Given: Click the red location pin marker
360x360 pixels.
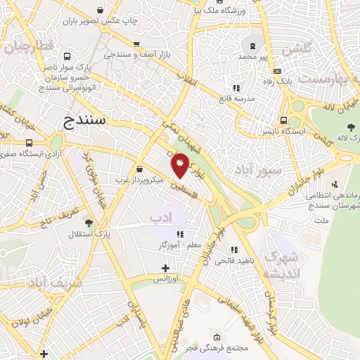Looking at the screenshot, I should tap(181, 165).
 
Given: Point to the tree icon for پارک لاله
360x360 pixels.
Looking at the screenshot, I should tap(349, 127).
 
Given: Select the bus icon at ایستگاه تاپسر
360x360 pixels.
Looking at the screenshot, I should tap(283, 121).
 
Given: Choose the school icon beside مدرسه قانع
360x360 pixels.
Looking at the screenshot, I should tap(237, 89).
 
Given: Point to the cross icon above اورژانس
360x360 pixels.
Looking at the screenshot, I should tap(165, 267).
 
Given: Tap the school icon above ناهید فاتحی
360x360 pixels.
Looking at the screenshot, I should tap(234, 249).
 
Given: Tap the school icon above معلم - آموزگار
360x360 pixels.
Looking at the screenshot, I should tap(180, 234).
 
